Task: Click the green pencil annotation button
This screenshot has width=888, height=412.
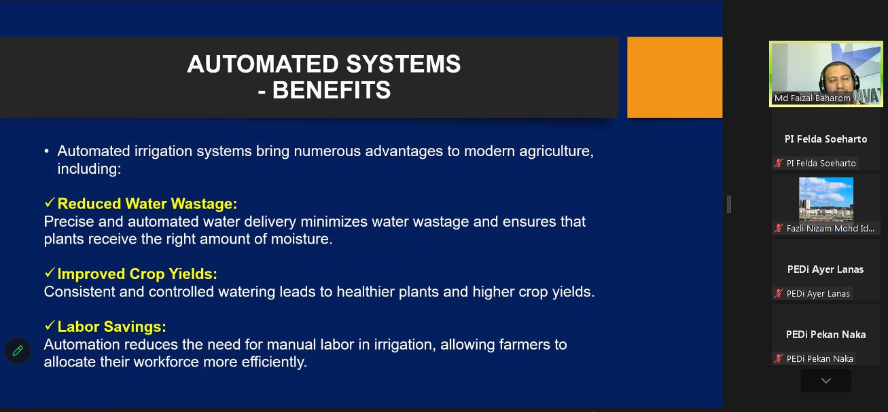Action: pyautogui.click(x=18, y=351)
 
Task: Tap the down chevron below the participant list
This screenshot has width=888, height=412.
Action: pyautogui.click(x=825, y=381)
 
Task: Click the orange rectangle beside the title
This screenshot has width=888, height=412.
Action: pyautogui.click(x=675, y=77)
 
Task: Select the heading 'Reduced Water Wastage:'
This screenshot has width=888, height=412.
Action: pyautogui.click(x=147, y=204)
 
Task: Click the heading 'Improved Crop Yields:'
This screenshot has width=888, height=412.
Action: pyautogui.click(x=137, y=274)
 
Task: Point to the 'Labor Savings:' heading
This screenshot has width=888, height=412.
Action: pyautogui.click(x=112, y=326)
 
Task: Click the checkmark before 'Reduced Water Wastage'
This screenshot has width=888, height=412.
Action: pyautogui.click(x=50, y=203)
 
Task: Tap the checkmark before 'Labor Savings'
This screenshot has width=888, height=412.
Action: pyautogui.click(x=50, y=326)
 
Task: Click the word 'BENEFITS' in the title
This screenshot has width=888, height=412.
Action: pyautogui.click(x=332, y=90)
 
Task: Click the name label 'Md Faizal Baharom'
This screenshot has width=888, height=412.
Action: pyautogui.click(x=813, y=98)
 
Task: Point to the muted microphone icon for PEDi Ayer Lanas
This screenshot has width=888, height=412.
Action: pyautogui.click(x=779, y=293)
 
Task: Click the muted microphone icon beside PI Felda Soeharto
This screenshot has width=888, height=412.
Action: pyautogui.click(x=779, y=163)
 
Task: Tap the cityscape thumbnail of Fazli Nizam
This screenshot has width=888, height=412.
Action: pyautogui.click(x=825, y=199)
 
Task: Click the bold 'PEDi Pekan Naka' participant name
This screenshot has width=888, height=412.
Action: pyautogui.click(x=825, y=335)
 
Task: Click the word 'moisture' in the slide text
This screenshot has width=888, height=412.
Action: pyautogui.click(x=301, y=240)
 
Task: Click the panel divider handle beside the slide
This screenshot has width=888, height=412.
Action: pyautogui.click(x=729, y=204)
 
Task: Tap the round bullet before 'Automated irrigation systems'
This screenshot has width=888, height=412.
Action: pyautogui.click(x=47, y=151)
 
